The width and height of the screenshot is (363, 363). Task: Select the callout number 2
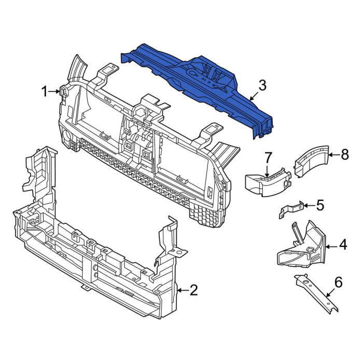click(193, 290)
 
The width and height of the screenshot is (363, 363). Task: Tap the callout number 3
click(262, 86)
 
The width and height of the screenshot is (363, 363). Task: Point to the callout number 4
click(343, 244)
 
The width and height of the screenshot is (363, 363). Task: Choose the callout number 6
click(338, 282)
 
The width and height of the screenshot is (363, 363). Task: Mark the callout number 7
click(268, 157)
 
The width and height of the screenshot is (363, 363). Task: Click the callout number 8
click(345, 154)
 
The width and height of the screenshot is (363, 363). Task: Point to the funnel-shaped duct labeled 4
click(301, 246)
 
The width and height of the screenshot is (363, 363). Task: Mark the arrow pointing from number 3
click(253, 96)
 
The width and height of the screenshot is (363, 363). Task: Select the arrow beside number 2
click(182, 290)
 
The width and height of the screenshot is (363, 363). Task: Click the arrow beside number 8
click(333, 154)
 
